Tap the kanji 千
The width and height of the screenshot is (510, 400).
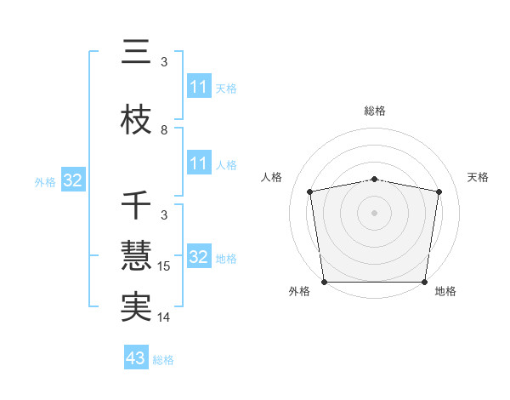click(136, 206)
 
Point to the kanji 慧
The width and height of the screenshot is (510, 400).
click(136, 256)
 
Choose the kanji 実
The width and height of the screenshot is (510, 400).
click(136, 307)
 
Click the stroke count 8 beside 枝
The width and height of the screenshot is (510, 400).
click(164, 130)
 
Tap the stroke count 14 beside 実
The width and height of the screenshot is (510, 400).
click(164, 317)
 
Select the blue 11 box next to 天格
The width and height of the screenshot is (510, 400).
click(198, 87)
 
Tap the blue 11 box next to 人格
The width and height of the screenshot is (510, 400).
click(198, 163)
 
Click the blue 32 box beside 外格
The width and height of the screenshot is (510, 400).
click(73, 180)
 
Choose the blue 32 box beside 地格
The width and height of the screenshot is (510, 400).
click(198, 257)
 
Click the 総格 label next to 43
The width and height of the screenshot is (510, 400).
click(163, 360)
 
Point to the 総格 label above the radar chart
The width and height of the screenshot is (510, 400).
click(375, 111)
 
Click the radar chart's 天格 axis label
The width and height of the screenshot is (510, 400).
click(479, 177)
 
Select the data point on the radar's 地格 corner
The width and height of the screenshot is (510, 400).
click(425, 282)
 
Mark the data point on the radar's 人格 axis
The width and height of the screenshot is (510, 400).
click(310, 191)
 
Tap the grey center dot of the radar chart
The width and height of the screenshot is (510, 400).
click(375, 212)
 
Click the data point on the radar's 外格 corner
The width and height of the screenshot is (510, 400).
click(325, 282)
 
